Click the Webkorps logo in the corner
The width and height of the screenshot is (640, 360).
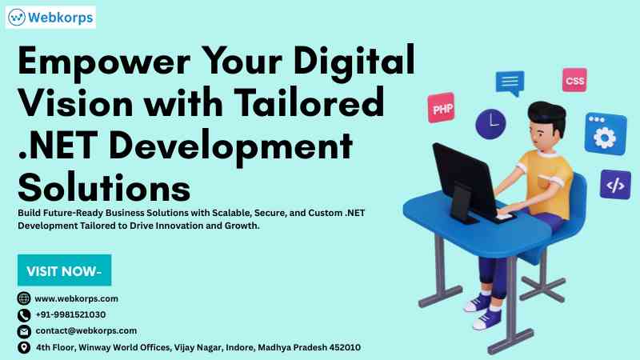tap(50, 17)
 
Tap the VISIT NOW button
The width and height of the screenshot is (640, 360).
tap(64, 270)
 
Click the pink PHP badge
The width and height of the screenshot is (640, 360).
tap(442, 108)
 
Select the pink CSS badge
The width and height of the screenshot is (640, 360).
tap(574, 80)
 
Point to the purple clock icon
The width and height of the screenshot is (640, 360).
tap(490, 124)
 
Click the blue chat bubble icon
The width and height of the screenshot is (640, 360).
tap(510, 83)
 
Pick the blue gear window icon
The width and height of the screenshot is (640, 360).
tap(606, 134)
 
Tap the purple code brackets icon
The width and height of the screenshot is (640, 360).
tap(615, 185)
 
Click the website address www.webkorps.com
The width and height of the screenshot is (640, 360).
tap(76, 298)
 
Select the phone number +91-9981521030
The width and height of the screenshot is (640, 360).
tap(70, 314)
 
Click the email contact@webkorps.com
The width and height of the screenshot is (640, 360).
tap(86, 330)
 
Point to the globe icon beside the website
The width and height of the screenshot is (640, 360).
tap(24, 298)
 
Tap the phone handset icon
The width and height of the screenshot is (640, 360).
tap(24, 315)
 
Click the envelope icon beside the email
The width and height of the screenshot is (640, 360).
tap(24, 331)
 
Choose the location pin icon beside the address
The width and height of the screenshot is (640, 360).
tap(24, 347)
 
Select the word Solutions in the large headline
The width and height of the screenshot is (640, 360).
tap(104, 188)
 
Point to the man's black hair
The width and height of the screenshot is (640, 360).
tap(548, 115)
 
